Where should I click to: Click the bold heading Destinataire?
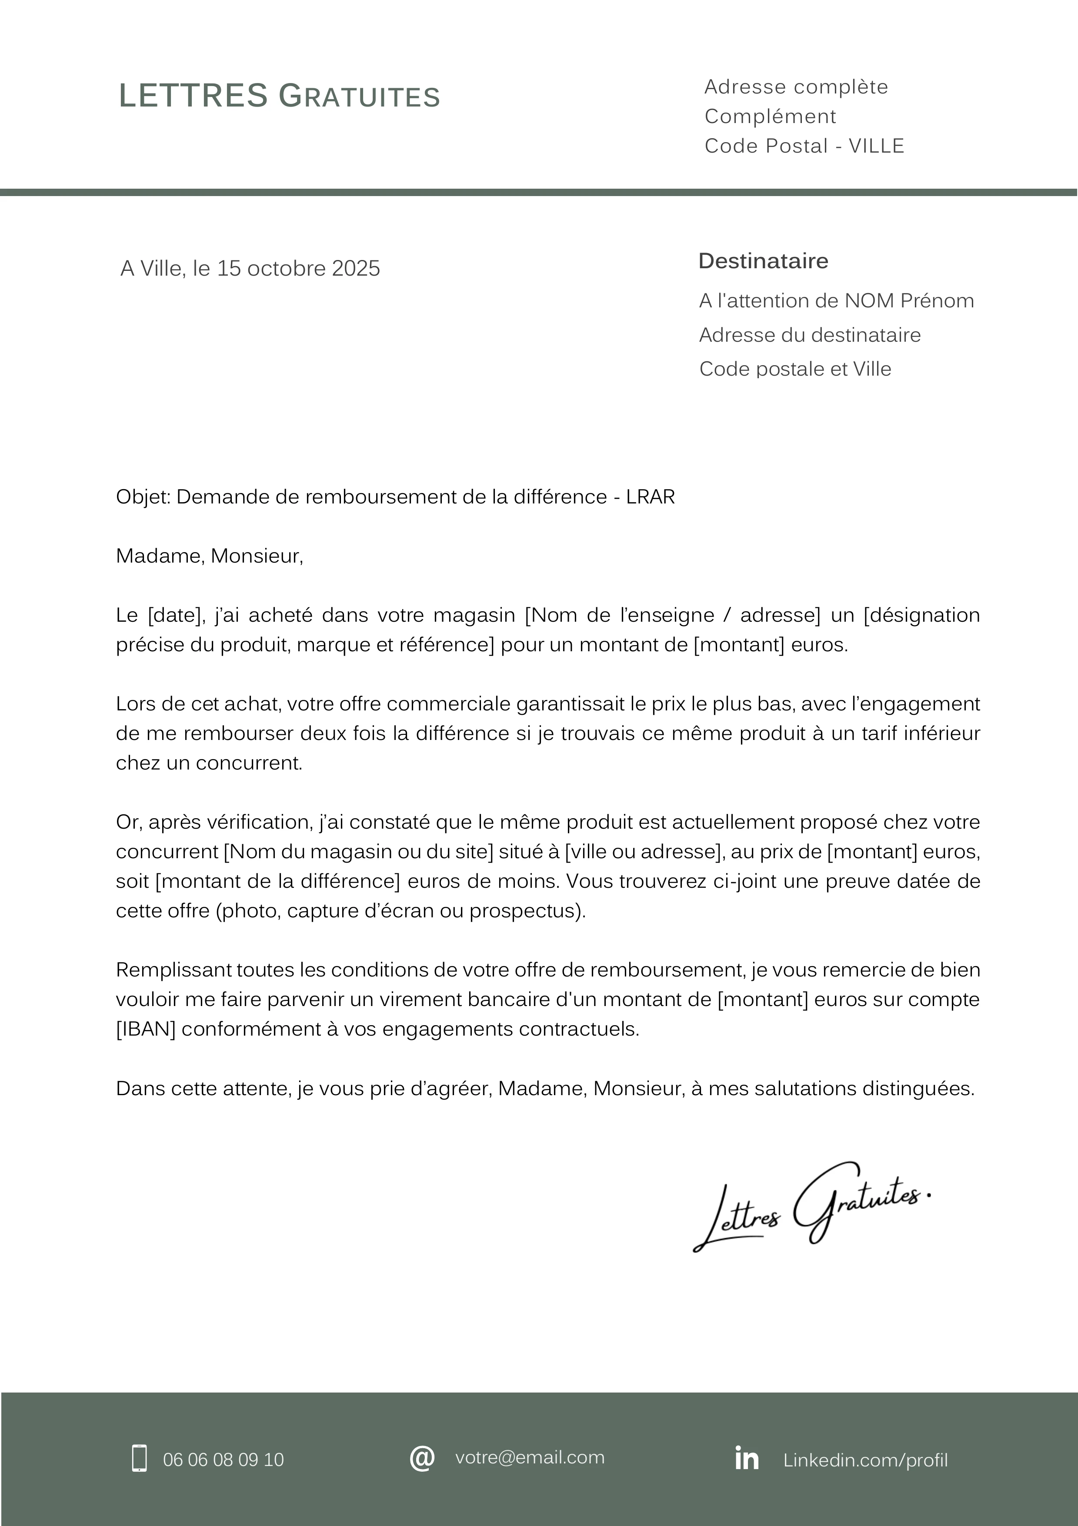point(763,260)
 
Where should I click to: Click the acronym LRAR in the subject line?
point(650,496)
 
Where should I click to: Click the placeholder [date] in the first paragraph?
point(175,615)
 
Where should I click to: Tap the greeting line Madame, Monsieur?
point(209,556)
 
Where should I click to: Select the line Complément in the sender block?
point(770,117)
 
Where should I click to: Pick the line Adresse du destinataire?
point(810,334)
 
